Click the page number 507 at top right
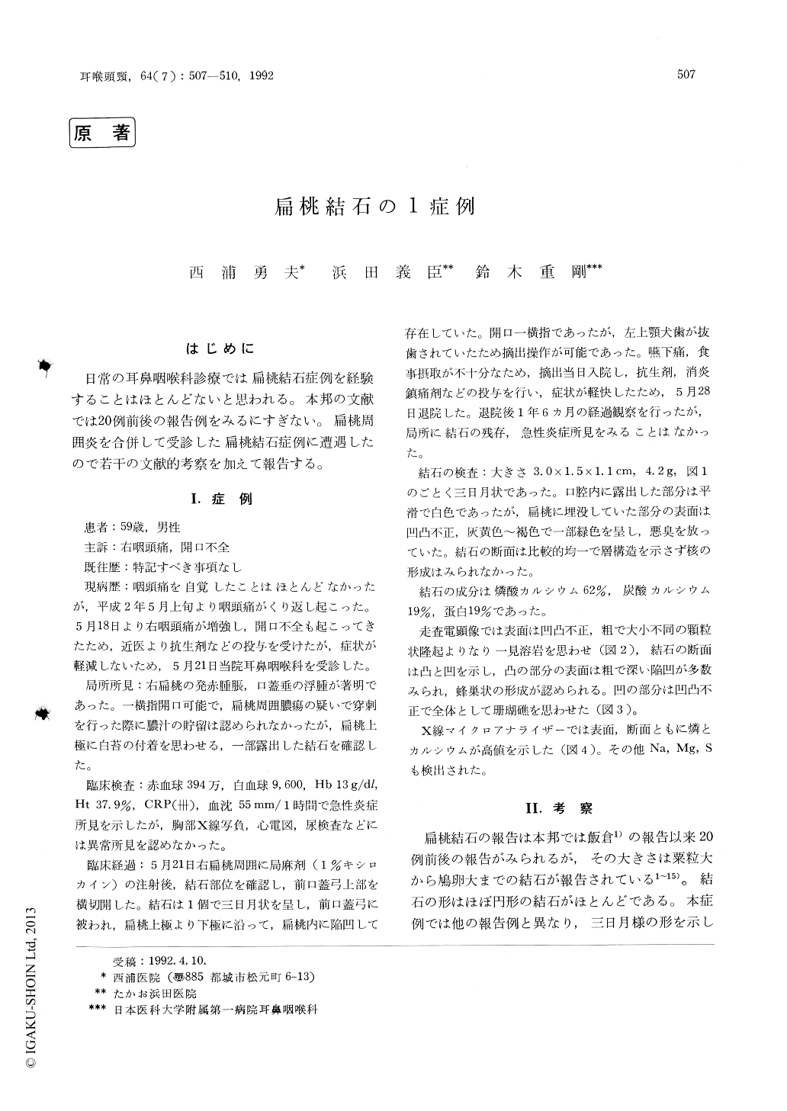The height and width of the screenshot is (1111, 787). pyautogui.click(x=687, y=75)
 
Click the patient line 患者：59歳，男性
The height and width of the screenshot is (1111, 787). pyautogui.click(x=132, y=526)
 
